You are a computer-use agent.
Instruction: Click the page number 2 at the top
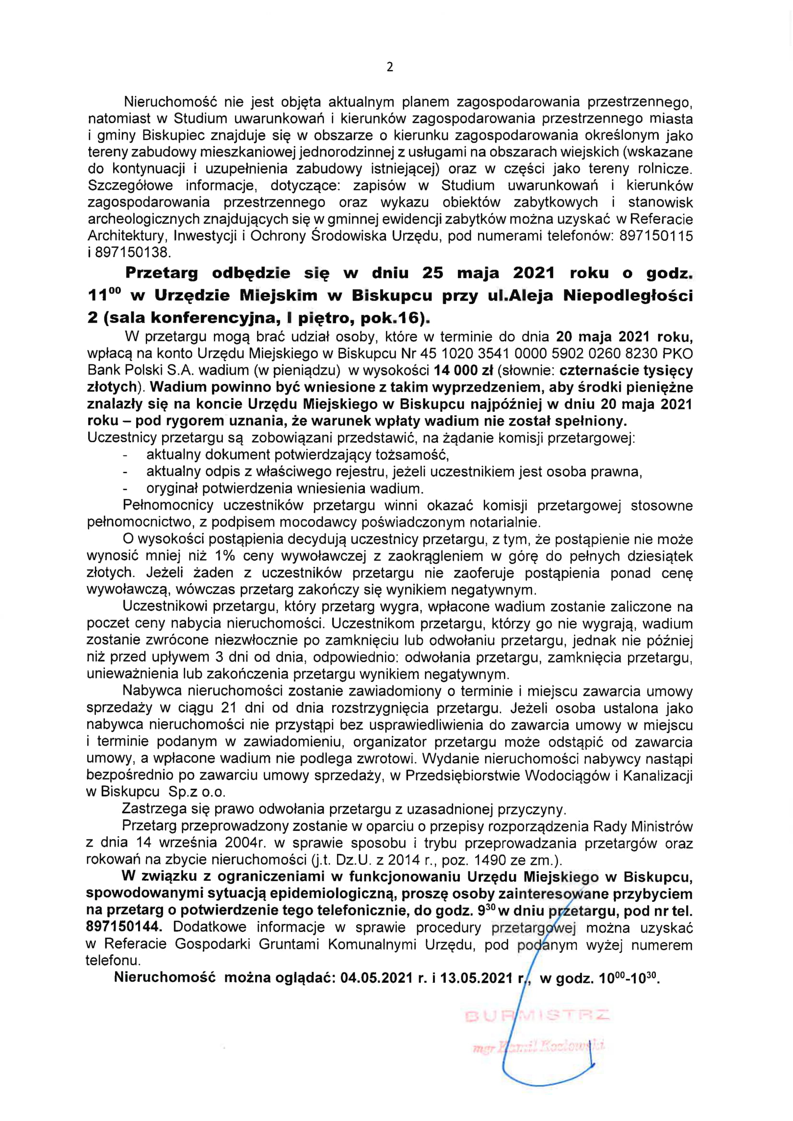tap(390, 67)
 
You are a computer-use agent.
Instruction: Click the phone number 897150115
tap(656, 236)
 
